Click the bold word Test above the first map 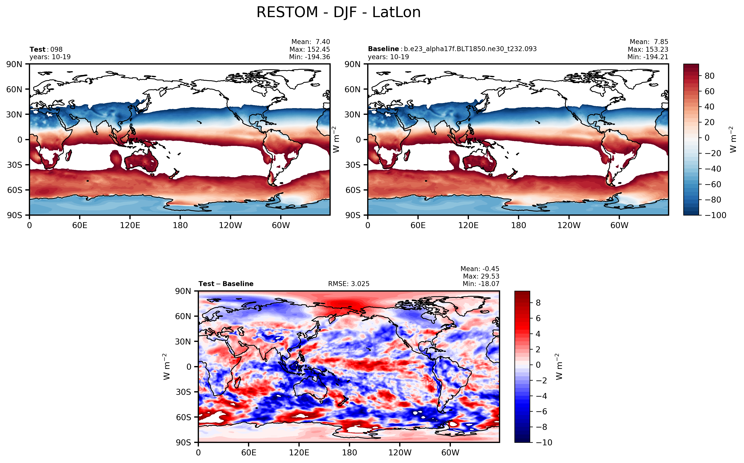(37, 49)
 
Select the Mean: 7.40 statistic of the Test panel (310, 42)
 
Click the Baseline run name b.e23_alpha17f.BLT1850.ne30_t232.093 (470, 49)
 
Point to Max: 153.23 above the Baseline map (648, 49)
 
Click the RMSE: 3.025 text (348, 284)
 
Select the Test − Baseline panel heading (226, 284)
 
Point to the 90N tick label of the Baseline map (352, 64)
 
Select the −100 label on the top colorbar (715, 215)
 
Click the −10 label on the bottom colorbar (544, 443)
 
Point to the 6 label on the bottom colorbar (538, 318)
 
